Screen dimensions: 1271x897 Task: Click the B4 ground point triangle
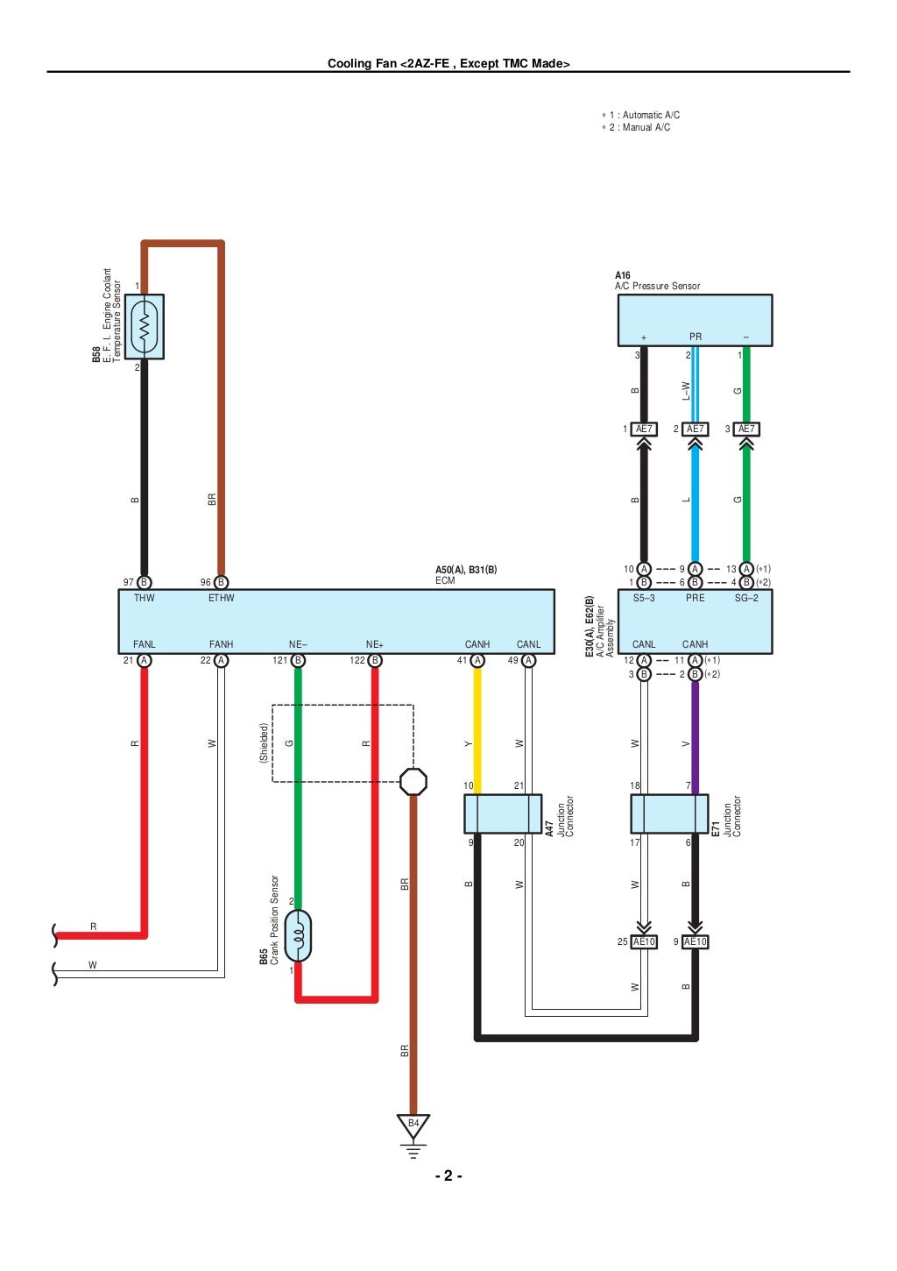413,1125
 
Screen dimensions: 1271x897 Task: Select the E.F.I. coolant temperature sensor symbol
145,327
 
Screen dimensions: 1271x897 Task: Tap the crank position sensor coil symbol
298,936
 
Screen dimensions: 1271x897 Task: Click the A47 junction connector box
503,813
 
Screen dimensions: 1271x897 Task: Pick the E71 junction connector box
669,813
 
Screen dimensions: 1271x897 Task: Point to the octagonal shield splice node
413,781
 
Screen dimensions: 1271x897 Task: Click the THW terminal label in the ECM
144,598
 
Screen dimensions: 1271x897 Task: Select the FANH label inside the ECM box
221,644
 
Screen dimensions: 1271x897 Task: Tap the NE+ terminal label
375,644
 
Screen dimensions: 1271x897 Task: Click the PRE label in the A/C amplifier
695,598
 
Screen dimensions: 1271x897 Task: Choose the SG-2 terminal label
746,598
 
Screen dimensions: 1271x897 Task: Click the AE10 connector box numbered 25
644,941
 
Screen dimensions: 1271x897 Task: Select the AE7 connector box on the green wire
746,429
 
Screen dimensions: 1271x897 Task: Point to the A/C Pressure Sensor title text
657,286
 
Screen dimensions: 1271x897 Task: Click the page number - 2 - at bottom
448,1176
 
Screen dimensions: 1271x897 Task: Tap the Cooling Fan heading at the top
448,63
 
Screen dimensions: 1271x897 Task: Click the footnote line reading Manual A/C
639,127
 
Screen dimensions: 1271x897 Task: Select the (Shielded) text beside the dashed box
263,742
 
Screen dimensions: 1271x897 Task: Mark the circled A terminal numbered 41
477,660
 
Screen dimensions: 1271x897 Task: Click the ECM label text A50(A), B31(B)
466,570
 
